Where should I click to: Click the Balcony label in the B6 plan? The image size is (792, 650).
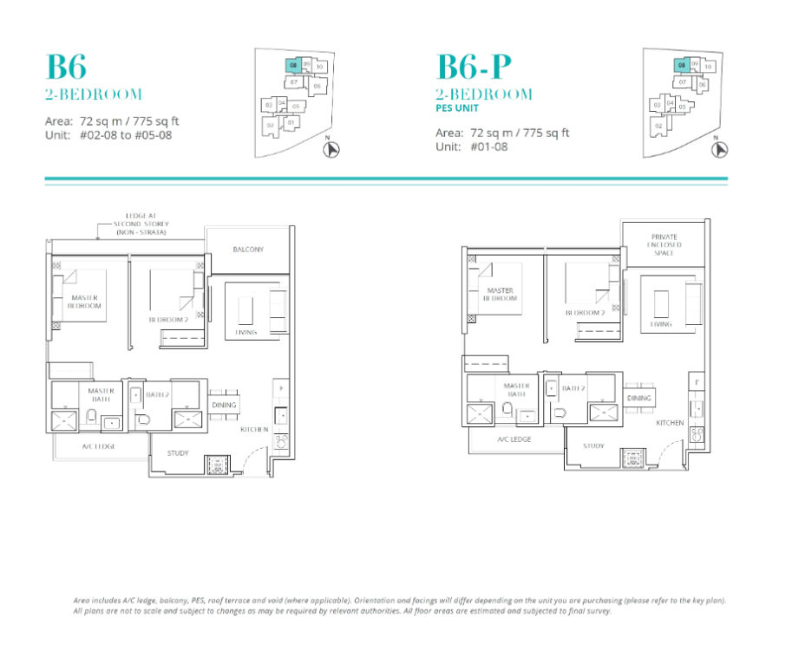248,250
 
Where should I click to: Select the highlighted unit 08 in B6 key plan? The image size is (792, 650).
294,66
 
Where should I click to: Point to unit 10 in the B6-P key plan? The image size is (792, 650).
708,66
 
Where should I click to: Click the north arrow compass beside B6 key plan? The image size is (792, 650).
331,149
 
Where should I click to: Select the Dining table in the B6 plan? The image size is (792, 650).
223,405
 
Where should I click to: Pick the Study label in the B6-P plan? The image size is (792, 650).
593,445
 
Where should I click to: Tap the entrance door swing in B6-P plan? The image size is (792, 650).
666,446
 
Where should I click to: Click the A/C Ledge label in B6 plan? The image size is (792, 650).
99,445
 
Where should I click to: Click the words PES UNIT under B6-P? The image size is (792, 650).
459,108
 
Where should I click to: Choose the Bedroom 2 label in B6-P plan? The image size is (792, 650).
586,313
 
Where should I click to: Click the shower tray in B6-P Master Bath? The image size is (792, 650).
480,412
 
